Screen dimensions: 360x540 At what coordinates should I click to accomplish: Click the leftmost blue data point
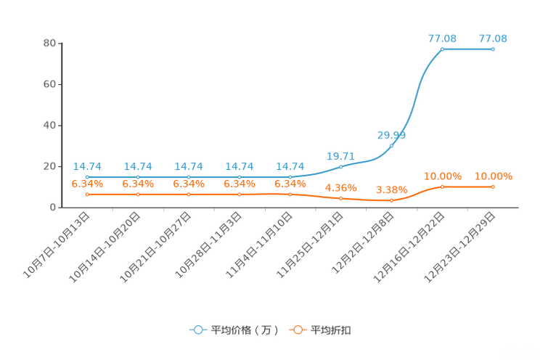[87, 177]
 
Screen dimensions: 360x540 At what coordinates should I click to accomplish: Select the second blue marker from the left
[138, 177]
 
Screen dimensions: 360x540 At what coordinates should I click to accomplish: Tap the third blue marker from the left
[189, 177]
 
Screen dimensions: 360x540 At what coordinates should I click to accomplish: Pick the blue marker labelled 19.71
[341, 167]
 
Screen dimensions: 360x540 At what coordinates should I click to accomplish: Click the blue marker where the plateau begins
[442, 49]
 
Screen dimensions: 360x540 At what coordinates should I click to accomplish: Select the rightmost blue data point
[493, 49]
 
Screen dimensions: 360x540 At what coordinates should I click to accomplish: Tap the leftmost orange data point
[87, 195]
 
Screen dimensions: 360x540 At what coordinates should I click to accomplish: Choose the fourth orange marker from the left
[240, 195]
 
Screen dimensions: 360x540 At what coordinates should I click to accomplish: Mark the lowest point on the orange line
[392, 200]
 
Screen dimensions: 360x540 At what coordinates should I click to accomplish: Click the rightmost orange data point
[493, 187]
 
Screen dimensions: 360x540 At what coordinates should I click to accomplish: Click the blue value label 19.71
[340, 155]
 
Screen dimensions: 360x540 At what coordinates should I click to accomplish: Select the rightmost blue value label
[493, 38]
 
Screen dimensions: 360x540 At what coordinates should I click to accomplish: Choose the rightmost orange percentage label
[493, 176]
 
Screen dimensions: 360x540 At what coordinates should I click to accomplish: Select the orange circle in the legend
[297, 330]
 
